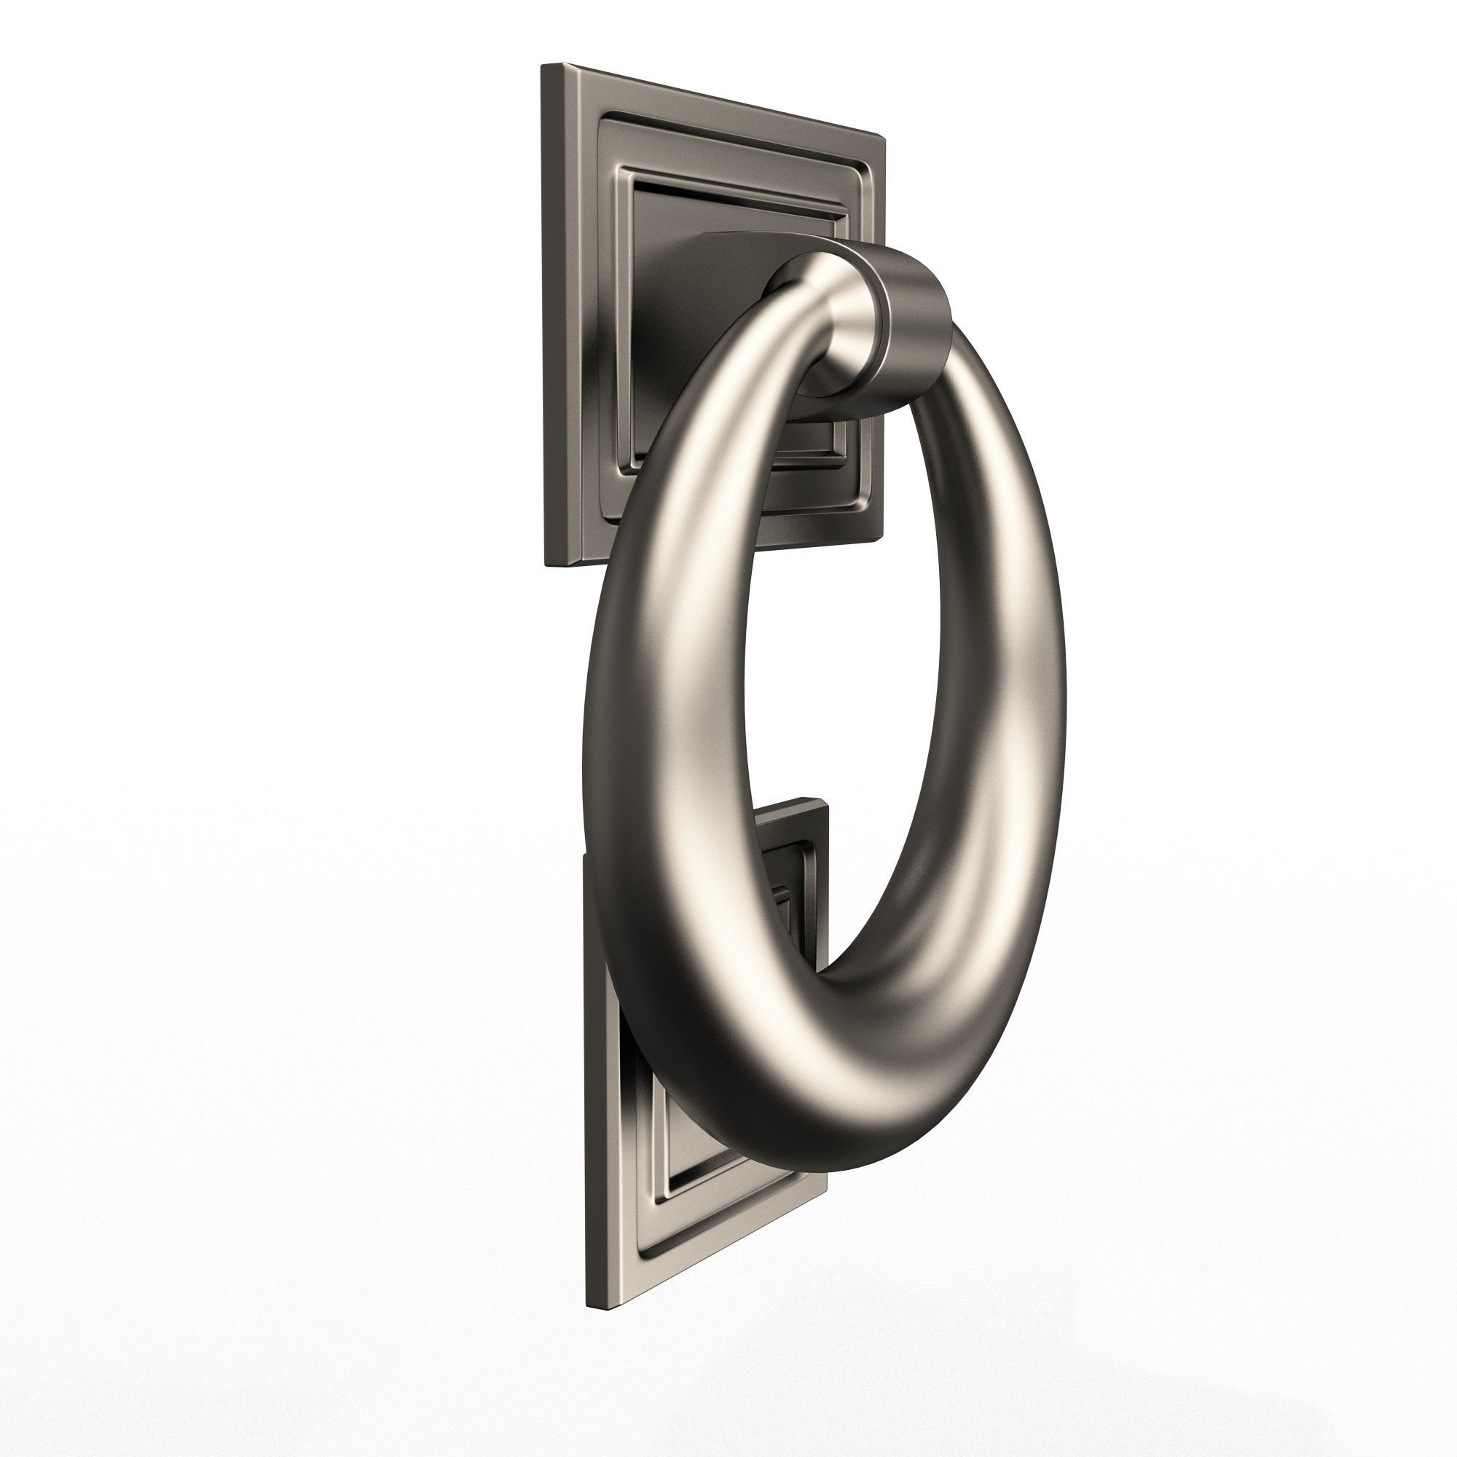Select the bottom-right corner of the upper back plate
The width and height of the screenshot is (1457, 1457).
pos(881,538)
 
